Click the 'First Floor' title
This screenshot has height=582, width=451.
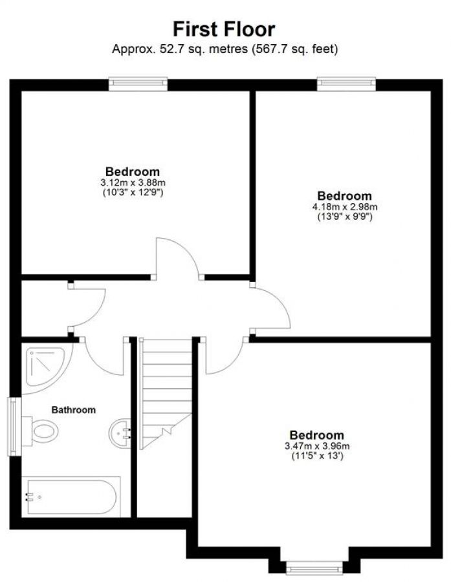point(224,28)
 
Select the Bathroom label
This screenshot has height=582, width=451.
point(74,409)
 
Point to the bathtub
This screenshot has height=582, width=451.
point(70,497)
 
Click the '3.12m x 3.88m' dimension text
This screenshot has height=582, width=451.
point(133,182)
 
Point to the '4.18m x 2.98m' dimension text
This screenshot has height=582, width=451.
point(344,207)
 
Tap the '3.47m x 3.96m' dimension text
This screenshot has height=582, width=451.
point(316,446)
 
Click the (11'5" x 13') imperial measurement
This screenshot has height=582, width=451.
point(316,457)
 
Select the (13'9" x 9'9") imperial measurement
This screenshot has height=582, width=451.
point(344,217)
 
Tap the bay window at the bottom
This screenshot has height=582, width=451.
point(314,567)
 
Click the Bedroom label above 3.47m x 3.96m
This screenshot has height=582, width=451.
point(316,435)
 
